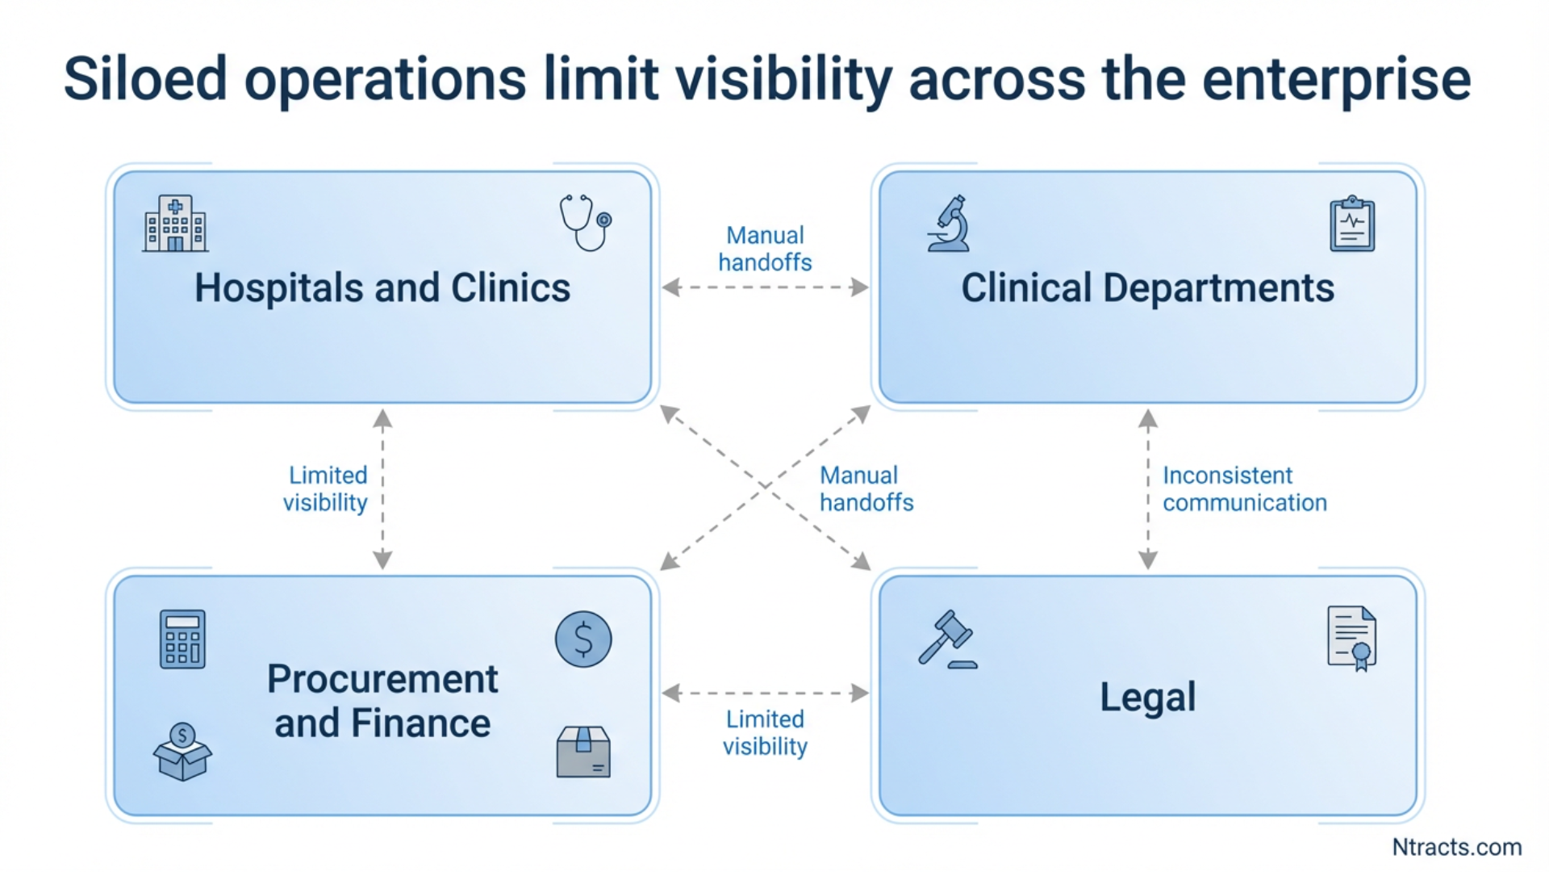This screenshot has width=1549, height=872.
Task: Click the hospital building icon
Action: point(175,224)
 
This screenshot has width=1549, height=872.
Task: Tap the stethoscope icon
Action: point(585,222)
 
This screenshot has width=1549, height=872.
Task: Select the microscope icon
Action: point(950,224)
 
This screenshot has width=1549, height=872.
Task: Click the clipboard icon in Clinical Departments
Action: point(1352,224)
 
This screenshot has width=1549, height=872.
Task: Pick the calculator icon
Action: point(182,639)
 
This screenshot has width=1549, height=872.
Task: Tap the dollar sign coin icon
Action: point(583,639)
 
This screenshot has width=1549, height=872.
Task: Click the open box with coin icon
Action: point(182,752)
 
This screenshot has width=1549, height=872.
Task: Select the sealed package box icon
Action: point(583,752)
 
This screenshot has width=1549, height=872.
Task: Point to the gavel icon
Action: point(947,639)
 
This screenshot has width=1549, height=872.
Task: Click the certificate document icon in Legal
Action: point(1352,639)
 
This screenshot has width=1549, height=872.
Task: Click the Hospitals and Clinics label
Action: point(382,288)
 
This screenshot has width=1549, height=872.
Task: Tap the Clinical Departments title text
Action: point(1147,288)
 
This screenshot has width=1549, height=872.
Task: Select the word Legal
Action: point(1147,697)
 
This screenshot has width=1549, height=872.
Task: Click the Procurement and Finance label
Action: point(382,701)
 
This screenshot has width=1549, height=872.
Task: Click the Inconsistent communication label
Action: point(1244,489)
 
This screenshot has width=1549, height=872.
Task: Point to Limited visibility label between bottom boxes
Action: point(765,733)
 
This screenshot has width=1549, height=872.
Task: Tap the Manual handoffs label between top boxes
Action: point(765,249)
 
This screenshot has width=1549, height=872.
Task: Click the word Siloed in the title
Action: point(145,79)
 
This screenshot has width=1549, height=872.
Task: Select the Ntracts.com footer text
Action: point(1456,847)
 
